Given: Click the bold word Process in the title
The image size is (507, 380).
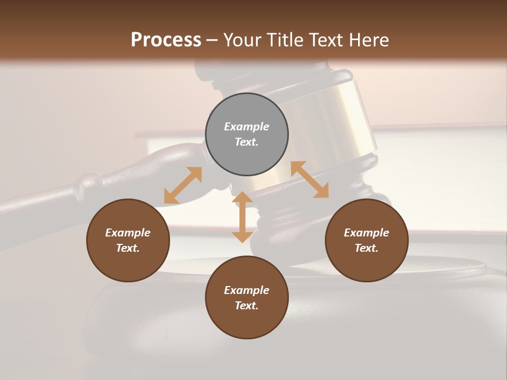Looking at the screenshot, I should point(166,40).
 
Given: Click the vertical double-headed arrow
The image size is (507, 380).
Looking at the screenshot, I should point(242,217).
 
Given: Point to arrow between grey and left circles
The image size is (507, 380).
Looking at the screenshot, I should point(183,185).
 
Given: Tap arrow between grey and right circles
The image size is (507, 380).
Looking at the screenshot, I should point(309,179).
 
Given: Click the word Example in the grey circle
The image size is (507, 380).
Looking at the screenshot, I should point(247,127).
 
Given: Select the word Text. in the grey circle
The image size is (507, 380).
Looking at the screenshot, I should point(247,142).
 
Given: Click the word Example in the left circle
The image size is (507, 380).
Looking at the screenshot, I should point(128,233).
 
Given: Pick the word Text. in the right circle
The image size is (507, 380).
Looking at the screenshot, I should point(367,248).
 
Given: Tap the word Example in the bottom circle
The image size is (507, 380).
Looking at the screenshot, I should point(247,290).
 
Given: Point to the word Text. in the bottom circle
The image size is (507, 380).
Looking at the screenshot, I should point(247,306).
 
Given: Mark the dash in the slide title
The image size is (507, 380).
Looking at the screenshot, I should point(212,40).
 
